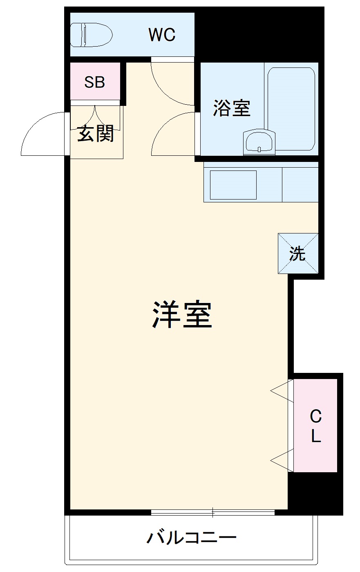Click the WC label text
[162, 35]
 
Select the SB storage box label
[95, 82]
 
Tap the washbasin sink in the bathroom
[259, 142]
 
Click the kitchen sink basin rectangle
[233, 185]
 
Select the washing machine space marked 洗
[298, 253]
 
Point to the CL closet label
[315, 426]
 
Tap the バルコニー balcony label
[191, 537]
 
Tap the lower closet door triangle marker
[282, 460]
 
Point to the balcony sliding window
[212, 511]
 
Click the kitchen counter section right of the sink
[300, 185]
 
